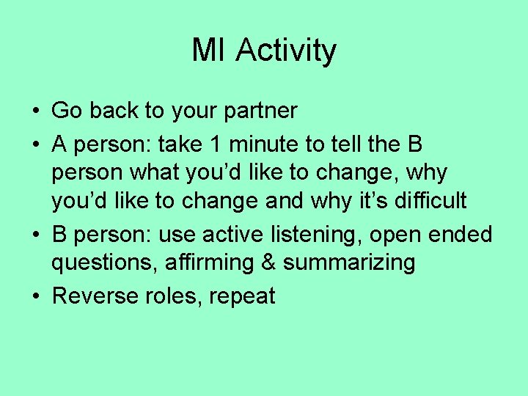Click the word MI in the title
click(210, 51)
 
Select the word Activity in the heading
click(287, 51)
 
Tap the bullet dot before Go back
click(36, 112)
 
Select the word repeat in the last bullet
click(241, 297)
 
